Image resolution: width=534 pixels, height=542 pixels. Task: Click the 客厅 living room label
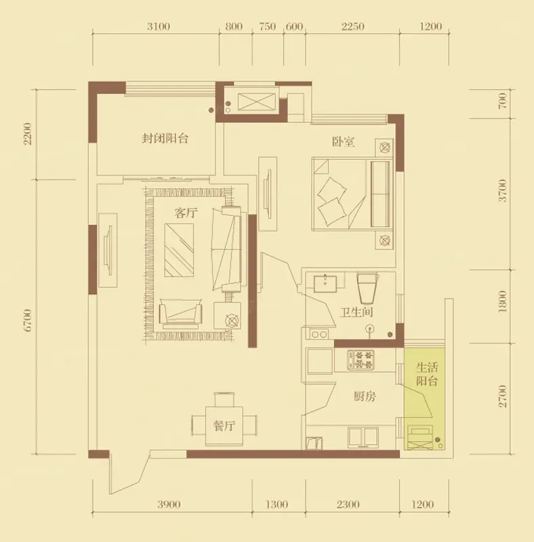(186, 213)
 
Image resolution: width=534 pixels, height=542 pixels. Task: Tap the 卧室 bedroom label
(343, 142)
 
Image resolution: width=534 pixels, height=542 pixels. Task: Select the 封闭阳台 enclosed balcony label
(165, 138)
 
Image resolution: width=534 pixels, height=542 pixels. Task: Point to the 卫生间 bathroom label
(356, 312)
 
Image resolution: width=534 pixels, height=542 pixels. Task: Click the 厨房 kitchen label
(365, 396)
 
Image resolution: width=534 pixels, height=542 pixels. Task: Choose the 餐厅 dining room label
(224, 425)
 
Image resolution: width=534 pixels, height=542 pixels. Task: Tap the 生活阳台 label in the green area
(427, 374)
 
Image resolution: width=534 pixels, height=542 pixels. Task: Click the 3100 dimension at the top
(159, 26)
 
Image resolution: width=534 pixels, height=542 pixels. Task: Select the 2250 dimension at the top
(353, 26)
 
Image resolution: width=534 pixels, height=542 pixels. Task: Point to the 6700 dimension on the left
(28, 320)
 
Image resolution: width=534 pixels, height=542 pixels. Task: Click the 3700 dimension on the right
(503, 190)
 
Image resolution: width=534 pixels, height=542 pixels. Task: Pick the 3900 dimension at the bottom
(169, 505)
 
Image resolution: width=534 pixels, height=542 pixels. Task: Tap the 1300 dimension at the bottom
(276, 505)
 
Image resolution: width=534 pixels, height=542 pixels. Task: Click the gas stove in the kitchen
(361, 360)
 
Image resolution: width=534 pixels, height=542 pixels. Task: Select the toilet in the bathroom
(368, 288)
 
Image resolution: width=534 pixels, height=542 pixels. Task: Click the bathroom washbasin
(325, 284)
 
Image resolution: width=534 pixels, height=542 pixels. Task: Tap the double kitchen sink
(363, 436)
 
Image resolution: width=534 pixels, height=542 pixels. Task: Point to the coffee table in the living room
(179, 250)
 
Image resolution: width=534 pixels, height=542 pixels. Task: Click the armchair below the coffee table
(180, 313)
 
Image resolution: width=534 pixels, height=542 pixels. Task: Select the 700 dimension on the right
(503, 100)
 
